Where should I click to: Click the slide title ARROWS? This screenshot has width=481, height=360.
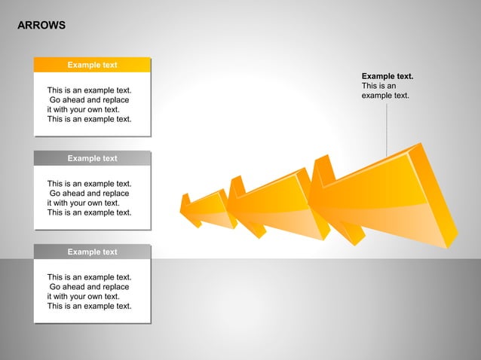click(x=41, y=26)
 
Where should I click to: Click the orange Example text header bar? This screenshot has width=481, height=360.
click(x=92, y=65)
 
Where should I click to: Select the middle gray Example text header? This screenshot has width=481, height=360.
click(x=92, y=158)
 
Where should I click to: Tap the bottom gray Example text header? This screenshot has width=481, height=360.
click(x=92, y=252)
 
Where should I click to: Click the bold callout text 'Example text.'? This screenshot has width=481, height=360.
click(x=388, y=76)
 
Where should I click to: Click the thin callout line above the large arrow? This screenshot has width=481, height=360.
click(x=387, y=128)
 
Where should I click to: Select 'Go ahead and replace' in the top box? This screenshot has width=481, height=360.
click(x=89, y=100)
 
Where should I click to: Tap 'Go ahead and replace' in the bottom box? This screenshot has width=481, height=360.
click(x=89, y=287)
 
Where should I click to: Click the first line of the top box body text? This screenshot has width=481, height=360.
click(x=89, y=90)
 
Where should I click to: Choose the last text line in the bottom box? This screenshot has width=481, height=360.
click(x=89, y=306)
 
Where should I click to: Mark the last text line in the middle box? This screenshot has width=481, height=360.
click(x=89, y=212)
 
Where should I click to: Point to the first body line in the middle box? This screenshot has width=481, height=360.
click(x=89, y=184)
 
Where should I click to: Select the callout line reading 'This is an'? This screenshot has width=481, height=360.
click(x=378, y=86)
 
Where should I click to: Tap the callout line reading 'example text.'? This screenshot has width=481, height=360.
click(x=385, y=96)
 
